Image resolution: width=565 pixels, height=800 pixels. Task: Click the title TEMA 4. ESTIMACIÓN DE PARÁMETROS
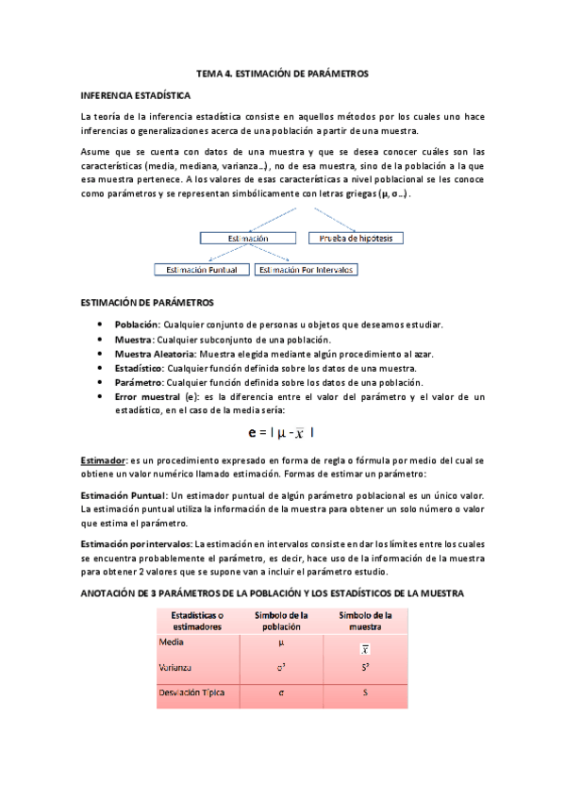[x=282, y=73]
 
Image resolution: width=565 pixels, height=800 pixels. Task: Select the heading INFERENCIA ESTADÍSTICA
[x=136, y=95]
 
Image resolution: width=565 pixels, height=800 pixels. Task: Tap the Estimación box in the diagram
[x=248, y=239]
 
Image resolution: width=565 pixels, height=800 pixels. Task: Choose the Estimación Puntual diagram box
[x=202, y=269]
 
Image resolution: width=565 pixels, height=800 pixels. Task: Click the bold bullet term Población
[x=137, y=325]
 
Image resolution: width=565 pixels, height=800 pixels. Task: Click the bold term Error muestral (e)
[x=153, y=397]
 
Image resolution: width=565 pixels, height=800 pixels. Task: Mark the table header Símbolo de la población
[x=281, y=620]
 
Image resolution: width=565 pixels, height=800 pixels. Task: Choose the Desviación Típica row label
[x=191, y=694]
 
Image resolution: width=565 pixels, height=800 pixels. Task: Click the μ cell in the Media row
[x=281, y=642]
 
